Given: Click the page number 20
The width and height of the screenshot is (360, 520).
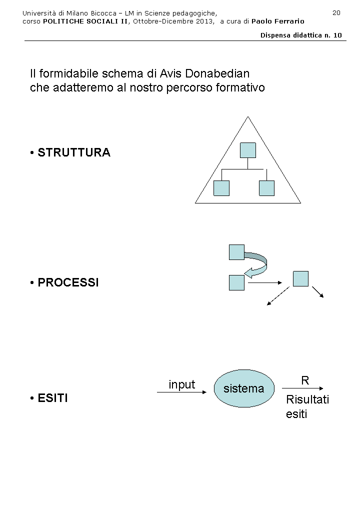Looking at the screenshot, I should pyautogui.click(x=336, y=12).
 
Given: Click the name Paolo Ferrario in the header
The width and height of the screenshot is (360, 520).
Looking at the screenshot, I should pyautogui.click(x=277, y=21).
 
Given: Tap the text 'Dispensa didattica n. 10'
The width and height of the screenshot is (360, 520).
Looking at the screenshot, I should pyautogui.click(x=301, y=35).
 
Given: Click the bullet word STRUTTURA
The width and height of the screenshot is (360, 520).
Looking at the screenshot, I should pyautogui.click(x=74, y=152).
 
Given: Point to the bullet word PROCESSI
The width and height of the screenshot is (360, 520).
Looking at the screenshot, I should pyautogui.click(x=68, y=282).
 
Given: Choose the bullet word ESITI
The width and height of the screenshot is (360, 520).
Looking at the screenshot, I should pyautogui.click(x=52, y=398).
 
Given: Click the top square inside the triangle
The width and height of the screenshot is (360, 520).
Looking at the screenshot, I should pyautogui.click(x=248, y=150).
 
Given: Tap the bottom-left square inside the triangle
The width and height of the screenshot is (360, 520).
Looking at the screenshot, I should pyautogui.click(x=221, y=188).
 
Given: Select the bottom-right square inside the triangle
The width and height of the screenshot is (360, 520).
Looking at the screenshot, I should pyautogui.click(x=267, y=188).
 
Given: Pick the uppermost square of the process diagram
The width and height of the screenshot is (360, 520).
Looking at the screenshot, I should pyautogui.click(x=236, y=252).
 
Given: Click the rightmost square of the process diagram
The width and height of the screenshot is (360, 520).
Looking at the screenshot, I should pyautogui.click(x=300, y=278).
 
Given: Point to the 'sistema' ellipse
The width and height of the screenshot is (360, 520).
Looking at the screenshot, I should pyautogui.click(x=244, y=388).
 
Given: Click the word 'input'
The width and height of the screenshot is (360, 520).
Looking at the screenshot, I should pyautogui.click(x=182, y=384).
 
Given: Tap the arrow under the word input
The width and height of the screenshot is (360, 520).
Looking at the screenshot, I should pyautogui.click(x=181, y=392).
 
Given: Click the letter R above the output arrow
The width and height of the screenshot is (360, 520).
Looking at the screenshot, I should pyautogui.click(x=305, y=380).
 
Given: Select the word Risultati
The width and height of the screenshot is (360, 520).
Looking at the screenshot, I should pyautogui.click(x=307, y=400).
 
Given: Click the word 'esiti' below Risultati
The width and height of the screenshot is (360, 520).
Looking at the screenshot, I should pyautogui.click(x=296, y=414).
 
